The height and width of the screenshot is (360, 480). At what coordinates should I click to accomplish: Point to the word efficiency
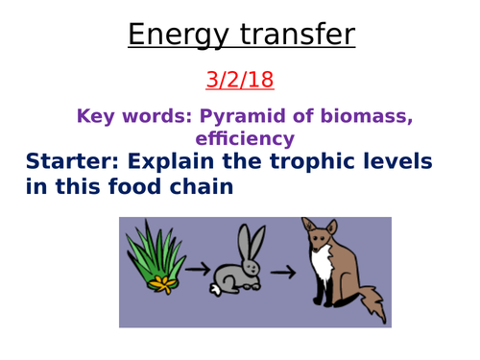click(242, 137)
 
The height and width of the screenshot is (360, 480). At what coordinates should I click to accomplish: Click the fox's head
click(318, 236)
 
